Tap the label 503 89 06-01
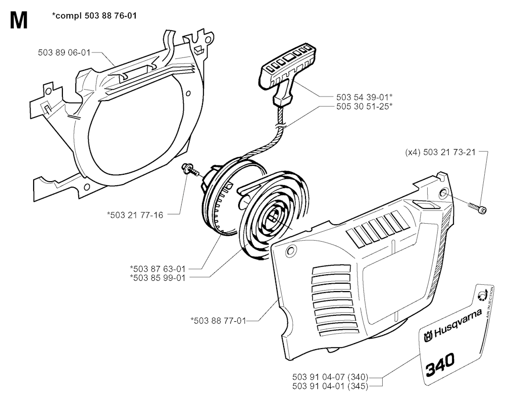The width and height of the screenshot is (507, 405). point(64,52)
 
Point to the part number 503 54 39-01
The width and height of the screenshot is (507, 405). point(362,97)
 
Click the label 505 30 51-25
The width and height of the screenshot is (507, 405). point(362,106)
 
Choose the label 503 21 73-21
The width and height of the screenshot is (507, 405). point(449,152)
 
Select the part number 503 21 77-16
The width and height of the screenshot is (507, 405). point(137,214)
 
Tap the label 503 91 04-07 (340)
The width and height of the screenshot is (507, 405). point(330,377)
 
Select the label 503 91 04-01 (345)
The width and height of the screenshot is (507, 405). point(330,386)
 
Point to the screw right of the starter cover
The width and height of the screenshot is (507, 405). point(477,207)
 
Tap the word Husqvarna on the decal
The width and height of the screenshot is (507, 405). point(456,324)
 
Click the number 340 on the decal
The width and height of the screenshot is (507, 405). point(440,364)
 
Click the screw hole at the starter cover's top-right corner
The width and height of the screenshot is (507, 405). point(443,193)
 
